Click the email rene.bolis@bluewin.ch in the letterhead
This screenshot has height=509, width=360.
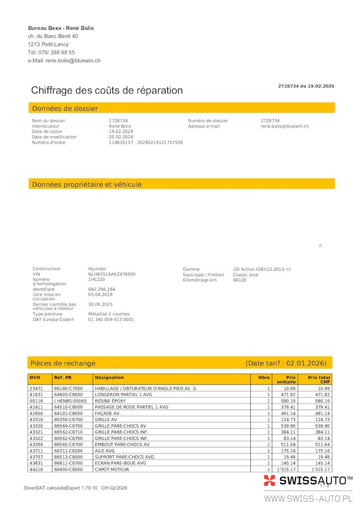pos(73,61)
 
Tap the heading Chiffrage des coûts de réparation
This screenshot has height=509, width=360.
pos(107,90)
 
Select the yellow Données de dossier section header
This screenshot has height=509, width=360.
pos(181,108)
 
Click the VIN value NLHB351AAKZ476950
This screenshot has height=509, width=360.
pos(112,274)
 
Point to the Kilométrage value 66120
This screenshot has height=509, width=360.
pos(240,280)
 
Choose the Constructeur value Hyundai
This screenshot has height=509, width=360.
pos(97,268)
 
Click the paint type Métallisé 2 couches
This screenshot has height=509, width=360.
pos(109,314)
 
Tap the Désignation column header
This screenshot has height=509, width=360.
pos(109,378)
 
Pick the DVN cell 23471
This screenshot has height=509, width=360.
pos(36,388)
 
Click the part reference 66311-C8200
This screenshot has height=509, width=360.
pos(69,450)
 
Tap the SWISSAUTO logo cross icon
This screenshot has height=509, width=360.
pos(270,480)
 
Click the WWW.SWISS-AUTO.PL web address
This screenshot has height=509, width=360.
pos(308,499)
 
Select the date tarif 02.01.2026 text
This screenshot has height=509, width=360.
pos(285,363)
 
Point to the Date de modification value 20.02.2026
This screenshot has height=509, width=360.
pos(121,137)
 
